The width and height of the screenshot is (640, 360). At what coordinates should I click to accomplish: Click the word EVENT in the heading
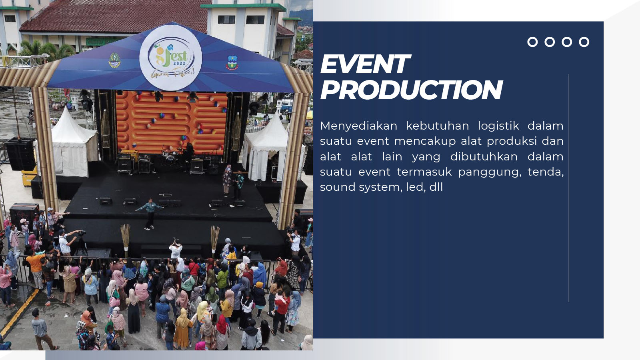click(366, 64)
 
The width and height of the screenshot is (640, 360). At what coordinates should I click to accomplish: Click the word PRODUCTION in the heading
click(412, 90)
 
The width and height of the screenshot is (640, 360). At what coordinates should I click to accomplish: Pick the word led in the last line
click(416, 187)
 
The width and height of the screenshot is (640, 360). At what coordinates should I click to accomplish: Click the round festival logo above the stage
click(170, 58)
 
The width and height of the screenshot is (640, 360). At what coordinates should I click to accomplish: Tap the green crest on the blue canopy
click(114, 60)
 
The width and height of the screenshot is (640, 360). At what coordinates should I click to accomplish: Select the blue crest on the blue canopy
click(232, 63)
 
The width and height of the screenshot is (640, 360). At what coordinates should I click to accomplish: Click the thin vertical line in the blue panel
click(569, 188)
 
